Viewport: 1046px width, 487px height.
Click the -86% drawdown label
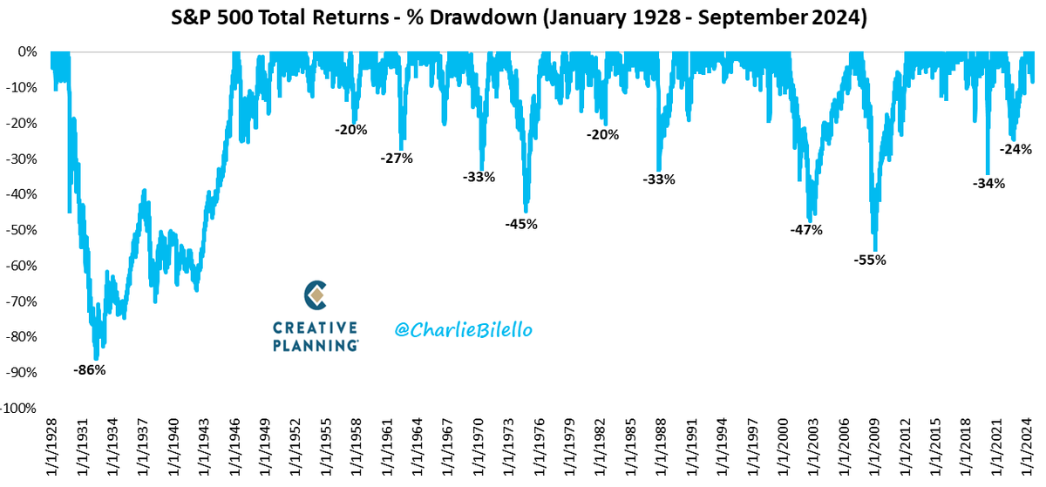[89, 370]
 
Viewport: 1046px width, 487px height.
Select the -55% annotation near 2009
[869, 260]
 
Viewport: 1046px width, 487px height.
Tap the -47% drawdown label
[805, 230]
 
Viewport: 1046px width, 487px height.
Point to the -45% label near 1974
[521, 224]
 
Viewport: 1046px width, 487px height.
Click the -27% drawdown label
[396, 159]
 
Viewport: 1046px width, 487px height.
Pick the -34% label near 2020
[988, 184]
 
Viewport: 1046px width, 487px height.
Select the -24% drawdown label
[1015, 149]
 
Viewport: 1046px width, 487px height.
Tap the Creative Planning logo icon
[316, 295]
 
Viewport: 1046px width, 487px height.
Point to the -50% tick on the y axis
[20, 230]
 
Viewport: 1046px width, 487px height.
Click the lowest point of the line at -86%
[96, 358]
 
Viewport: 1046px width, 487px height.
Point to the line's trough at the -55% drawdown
[875, 250]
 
